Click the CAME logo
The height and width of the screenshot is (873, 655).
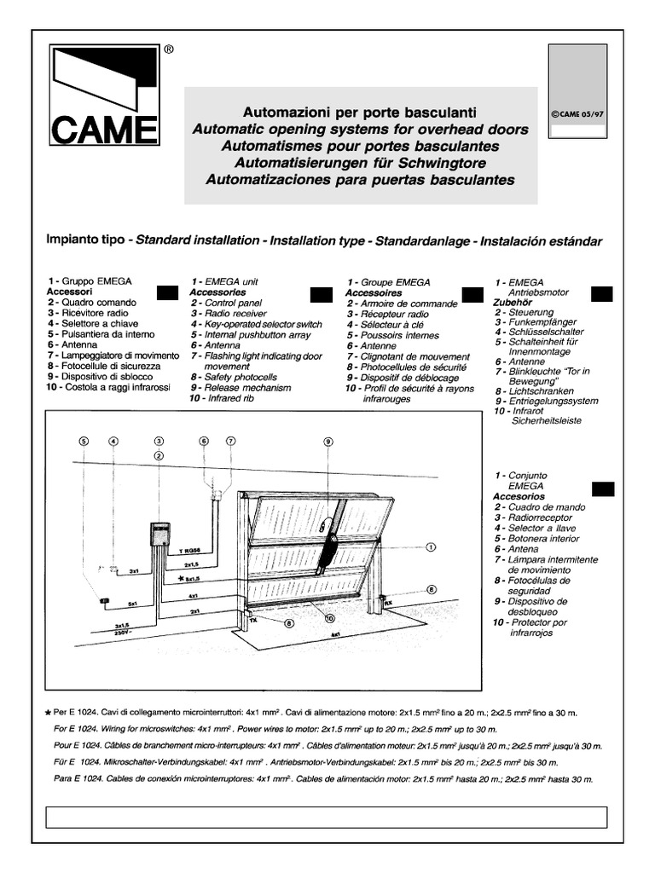(103, 95)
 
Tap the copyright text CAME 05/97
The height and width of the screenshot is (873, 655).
(577, 113)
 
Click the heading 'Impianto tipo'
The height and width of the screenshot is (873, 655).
(85, 241)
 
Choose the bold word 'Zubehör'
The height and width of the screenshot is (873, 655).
(513, 302)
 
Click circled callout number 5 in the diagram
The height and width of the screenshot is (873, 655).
(84, 441)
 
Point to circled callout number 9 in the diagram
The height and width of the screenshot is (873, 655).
(328, 441)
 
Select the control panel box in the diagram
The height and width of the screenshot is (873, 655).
(159, 535)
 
